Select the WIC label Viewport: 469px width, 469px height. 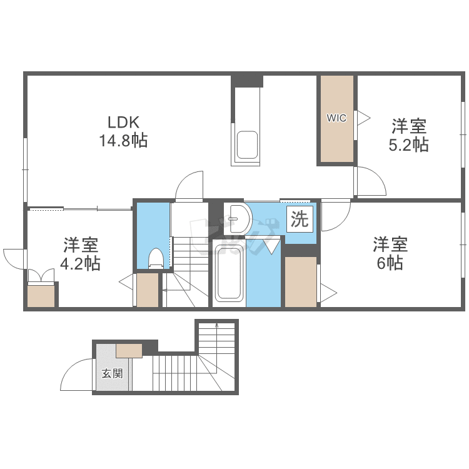pos(336,117)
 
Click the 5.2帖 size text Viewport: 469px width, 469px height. pos(410,145)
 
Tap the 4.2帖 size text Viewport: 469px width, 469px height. pos(79,263)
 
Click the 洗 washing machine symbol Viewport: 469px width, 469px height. pos(301,219)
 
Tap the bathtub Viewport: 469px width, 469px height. pos(229,273)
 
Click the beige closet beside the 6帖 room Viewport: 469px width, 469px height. pos(301,281)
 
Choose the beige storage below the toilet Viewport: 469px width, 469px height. pos(148,290)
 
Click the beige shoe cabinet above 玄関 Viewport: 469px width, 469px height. pos(129,350)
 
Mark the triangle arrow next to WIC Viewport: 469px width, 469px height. pos(362,117)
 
